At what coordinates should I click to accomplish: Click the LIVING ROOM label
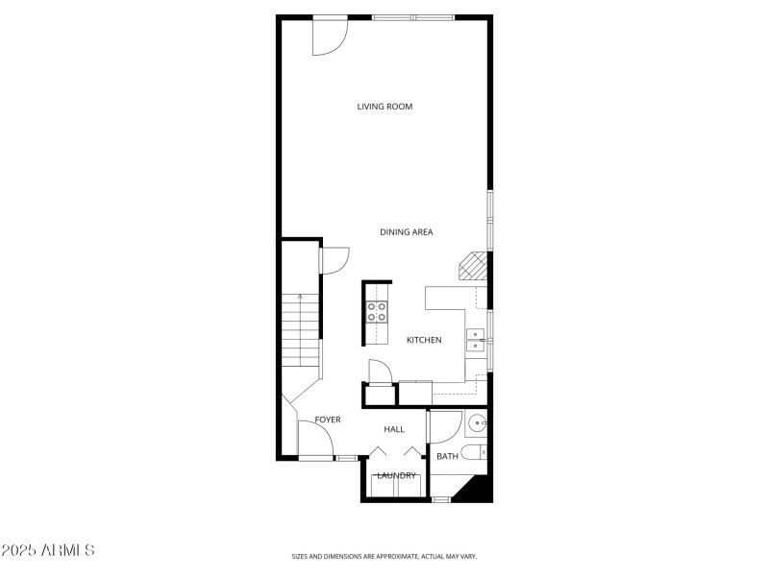click(384, 107)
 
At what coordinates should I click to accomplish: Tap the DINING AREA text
click(406, 231)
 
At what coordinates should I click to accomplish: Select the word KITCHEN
click(424, 340)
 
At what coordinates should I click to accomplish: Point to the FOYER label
click(328, 420)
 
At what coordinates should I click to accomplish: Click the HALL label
click(394, 428)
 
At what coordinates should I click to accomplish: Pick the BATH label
click(447, 456)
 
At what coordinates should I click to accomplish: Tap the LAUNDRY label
click(396, 475)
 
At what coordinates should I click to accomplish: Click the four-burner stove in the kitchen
click(377, 311)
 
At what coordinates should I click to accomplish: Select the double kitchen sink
click(476, 339)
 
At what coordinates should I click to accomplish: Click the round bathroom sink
click(477, 423)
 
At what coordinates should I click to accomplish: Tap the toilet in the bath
click(475, 452)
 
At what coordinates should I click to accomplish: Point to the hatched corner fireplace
click(472, 265)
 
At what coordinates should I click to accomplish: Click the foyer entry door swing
click(315, 441)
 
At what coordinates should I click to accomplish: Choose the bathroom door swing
click(444, 426)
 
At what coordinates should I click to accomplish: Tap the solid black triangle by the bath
click(478, 490)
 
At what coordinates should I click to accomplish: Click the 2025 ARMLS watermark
click(48, 550)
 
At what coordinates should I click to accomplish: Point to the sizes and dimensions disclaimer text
click(384, 556)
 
